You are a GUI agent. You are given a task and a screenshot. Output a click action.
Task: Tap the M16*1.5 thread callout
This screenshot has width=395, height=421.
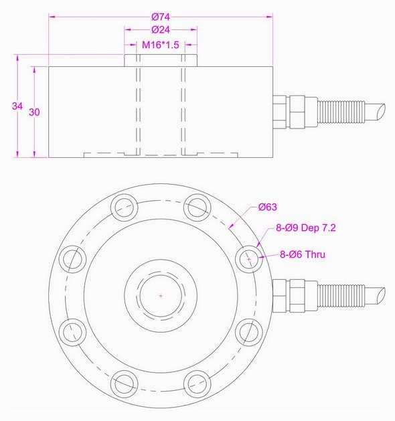tap(161, 47)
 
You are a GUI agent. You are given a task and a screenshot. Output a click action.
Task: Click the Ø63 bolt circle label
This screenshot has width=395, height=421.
tap(267, 207)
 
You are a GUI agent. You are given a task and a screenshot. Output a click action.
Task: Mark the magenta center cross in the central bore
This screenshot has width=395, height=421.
tap(161, 294)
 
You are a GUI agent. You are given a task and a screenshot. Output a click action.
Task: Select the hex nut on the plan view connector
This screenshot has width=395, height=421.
tap(295, 294)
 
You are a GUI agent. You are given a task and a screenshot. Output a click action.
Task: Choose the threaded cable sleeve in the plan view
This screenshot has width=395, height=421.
tap(341, 294)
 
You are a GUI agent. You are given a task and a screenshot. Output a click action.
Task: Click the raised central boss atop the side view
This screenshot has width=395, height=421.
tap(161, 60)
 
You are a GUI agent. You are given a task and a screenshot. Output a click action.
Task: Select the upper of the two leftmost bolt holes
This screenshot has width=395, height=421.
tap(71, 258)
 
